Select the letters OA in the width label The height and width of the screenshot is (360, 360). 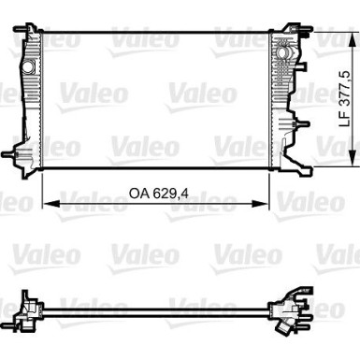pyautogui.click(x=138, y=194)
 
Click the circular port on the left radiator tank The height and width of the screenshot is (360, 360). pyautogui.click(x=29, y=67)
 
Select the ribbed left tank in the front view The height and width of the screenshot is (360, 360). pyautogui.click(x=31, y=103)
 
